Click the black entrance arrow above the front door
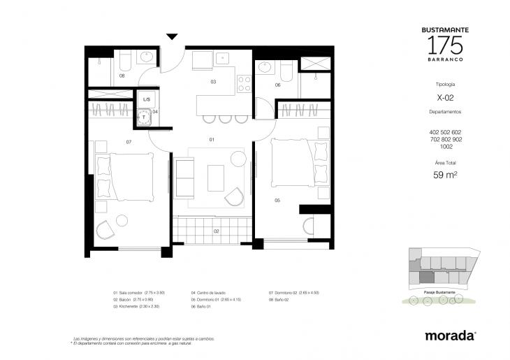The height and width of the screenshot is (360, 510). click(172, 37)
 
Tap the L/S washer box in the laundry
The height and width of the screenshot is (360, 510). click(146, 99)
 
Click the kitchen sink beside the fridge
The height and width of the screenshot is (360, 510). click(222, 59)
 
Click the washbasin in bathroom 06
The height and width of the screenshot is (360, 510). click(265, 68)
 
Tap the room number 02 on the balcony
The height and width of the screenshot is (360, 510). click(217, 230)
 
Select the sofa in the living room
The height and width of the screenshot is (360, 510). click(184, 178)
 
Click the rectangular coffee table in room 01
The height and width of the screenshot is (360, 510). click(215, 178)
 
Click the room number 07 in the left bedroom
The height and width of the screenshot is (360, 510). click(129, 142)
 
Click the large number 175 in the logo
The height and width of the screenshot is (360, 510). click(446, 45)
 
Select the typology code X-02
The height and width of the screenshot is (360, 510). click(445, 98)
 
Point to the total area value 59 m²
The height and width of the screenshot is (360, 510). click(445, 175)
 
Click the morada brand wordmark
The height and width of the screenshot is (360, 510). click(451, 336)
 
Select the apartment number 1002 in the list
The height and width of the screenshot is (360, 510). click(445, 146)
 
